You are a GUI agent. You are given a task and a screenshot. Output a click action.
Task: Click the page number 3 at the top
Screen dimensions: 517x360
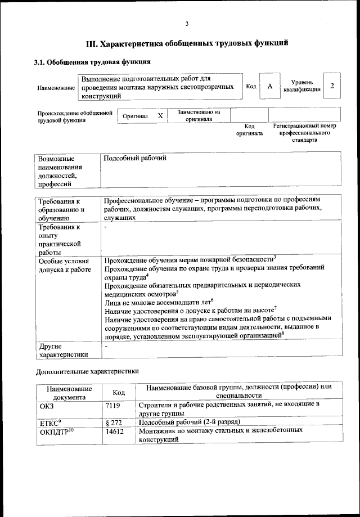tap(186, 23)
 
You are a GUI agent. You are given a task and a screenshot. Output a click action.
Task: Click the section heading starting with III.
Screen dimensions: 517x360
tap(187, 43)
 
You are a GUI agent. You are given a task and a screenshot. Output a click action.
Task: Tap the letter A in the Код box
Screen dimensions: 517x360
tap(270, 86)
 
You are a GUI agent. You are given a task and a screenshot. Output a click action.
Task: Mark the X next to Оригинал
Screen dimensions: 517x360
tap(160, 115)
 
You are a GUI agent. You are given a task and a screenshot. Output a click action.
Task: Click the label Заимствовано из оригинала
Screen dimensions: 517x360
tap(199, 115)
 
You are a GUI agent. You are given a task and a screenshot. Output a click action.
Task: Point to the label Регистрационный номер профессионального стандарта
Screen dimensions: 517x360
tap(304, 133)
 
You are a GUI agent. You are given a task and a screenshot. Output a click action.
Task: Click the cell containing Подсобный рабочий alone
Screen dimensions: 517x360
tap(136, 159)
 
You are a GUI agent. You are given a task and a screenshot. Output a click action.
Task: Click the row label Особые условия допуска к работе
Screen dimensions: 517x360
tap(64, 266)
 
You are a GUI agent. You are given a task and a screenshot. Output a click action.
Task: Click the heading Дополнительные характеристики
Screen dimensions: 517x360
tap(87, 371)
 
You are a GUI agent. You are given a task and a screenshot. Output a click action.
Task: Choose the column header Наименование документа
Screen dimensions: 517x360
tap(69, 393)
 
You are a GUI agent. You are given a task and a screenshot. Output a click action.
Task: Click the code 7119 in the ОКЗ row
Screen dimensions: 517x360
tap(113, 404)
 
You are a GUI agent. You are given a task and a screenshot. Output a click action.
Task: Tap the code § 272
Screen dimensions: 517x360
tap(114, 421)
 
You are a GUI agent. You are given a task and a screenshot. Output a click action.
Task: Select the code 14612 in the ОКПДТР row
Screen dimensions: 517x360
tap(115, 431)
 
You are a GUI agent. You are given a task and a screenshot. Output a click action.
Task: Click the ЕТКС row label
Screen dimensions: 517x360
tap(50, 421)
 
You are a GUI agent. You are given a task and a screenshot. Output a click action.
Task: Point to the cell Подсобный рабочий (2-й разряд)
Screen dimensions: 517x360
tap(190, 421)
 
